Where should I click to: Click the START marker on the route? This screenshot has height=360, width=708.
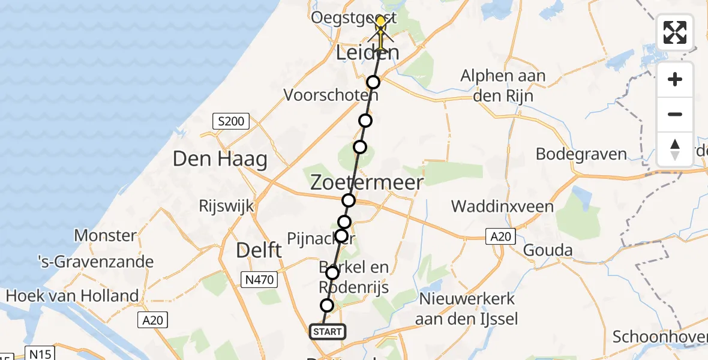[327, 331]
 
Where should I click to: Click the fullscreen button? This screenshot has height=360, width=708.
[675, 32]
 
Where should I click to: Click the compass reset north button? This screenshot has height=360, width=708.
[675, 149]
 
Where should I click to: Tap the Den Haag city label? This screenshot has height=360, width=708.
[220, 159]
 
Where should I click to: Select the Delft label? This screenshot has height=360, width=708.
[259, 250]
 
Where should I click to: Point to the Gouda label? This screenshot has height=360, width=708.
[548, 250]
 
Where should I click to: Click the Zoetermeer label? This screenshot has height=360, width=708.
[367, 182]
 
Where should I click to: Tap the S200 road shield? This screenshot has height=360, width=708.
[232, 122]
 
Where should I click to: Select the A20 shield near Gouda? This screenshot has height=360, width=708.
[500, 237]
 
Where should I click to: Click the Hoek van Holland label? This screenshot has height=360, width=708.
[72, 295]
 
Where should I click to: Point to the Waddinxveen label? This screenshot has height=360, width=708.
[502, 207]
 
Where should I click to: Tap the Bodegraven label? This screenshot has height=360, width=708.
[581, 154]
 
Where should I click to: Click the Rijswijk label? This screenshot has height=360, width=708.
[226, 206]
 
